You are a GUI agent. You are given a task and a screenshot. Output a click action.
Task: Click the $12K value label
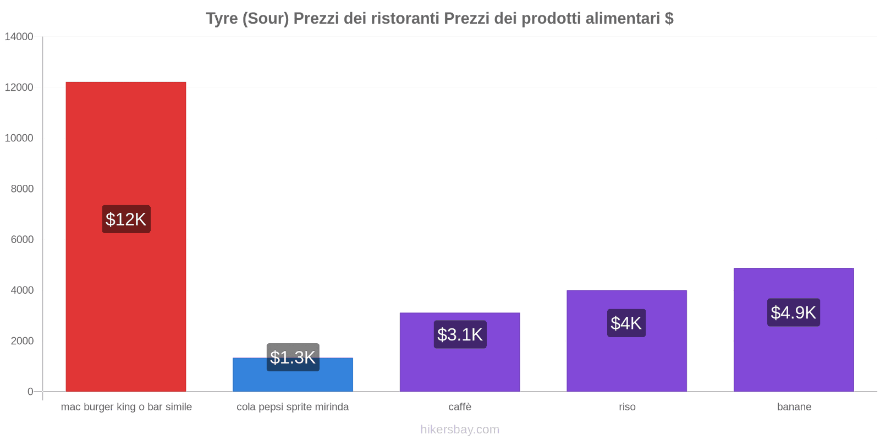click(x=126, y=219)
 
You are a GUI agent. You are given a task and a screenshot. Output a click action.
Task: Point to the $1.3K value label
click(x=293, y=357)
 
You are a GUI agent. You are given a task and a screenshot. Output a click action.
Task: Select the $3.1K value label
click(x=460, y=334)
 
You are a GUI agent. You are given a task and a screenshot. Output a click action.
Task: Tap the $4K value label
click(x=626, y=323)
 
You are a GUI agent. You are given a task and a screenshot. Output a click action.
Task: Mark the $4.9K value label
click(x=793, y=312)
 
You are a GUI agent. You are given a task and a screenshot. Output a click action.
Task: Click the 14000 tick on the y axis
click(x=19, y=37)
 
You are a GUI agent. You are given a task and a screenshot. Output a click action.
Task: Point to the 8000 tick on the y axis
click(x=22, y=189)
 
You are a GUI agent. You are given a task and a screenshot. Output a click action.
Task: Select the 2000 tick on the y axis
click(x=22, y=341)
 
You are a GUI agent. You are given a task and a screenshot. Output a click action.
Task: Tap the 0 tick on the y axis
click(x=30, y=392)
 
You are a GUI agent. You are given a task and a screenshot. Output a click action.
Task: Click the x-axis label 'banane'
click(x=794, y=407)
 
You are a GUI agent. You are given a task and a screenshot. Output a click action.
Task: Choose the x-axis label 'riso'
click(x=627, y=407)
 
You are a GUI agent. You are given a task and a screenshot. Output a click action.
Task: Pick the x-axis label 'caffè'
click(x=460, y=407)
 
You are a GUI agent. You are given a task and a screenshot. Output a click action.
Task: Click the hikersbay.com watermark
click(x=460, y=430)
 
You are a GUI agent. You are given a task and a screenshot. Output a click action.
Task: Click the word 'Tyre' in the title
click(x=222, y=19)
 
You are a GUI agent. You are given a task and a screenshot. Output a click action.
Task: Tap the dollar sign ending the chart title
click(x=669, y=19)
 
